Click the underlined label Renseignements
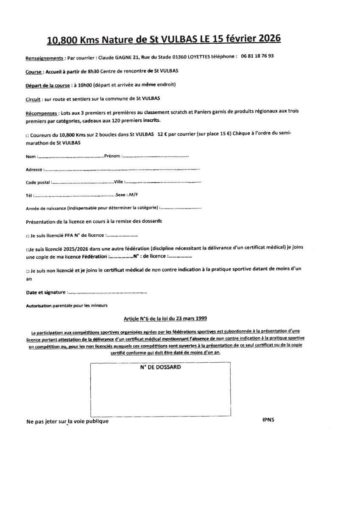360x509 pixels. [45, 58]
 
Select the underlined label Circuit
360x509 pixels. [33, 99]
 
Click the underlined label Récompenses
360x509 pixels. [42, 114]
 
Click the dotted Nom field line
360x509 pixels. [70, 157]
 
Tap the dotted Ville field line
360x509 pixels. [163, 182]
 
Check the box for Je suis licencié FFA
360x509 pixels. [27, 236]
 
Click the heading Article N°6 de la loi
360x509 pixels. [165, 318]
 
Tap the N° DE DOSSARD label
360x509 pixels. [160, 367]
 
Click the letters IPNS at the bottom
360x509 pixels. [268, 420]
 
